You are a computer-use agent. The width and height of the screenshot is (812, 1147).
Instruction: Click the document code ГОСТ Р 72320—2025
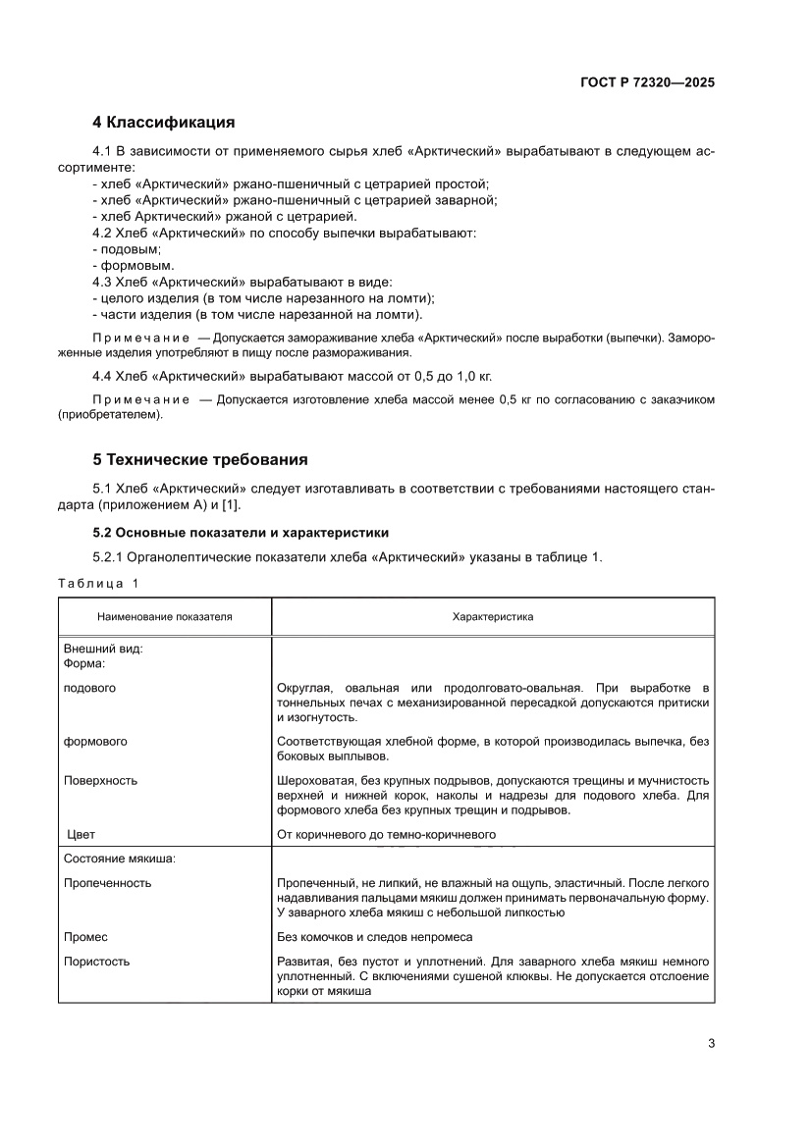(645, 82)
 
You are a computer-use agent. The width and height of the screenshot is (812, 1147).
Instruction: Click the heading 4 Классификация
(163, 123)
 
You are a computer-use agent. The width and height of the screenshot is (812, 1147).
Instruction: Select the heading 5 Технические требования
(199, 459)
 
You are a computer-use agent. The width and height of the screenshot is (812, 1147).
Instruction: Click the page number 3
(711, 1043)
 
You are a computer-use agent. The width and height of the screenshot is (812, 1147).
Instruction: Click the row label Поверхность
(100, 781)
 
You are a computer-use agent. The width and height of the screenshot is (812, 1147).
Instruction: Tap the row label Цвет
(81, 835)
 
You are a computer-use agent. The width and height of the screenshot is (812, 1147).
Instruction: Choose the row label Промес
(85, 937)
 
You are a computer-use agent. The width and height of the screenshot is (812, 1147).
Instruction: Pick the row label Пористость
(96, 962)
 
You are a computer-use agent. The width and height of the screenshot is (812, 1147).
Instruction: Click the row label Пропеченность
(107, 883)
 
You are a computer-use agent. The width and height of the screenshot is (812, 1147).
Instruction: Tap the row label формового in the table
(95, 741)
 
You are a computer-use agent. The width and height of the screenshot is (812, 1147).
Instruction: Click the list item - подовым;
(127, 249)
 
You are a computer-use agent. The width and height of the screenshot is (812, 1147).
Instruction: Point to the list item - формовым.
(133, 265)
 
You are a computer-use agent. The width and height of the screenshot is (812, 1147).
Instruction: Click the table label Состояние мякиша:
(120, 859)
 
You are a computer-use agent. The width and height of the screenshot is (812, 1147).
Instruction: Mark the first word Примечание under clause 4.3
(140, 338)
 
